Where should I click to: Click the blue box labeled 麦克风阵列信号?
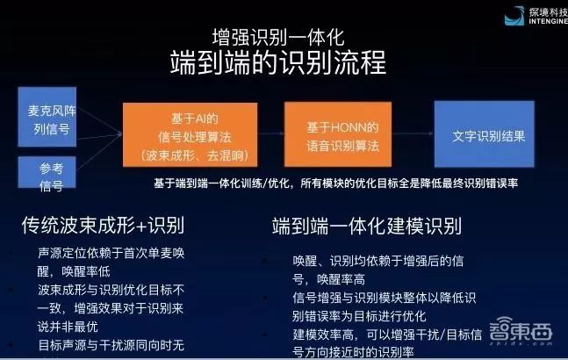52,124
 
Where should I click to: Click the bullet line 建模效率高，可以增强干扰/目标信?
386,336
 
